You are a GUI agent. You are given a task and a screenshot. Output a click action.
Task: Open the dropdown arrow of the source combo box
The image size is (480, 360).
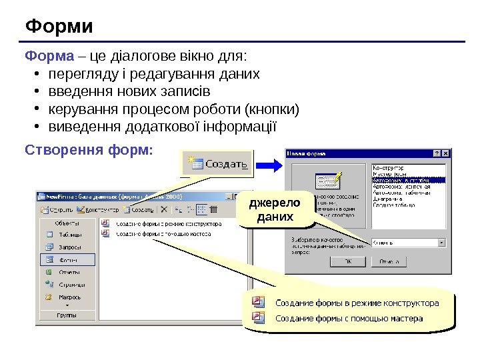tap(441, 243)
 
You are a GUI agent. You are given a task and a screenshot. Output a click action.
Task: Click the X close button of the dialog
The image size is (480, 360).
tap(446, 153)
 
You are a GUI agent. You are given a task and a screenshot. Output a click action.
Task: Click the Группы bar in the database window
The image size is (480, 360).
tap(67, 315)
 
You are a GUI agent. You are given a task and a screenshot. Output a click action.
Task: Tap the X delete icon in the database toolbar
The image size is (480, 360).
tap(164, 209)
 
